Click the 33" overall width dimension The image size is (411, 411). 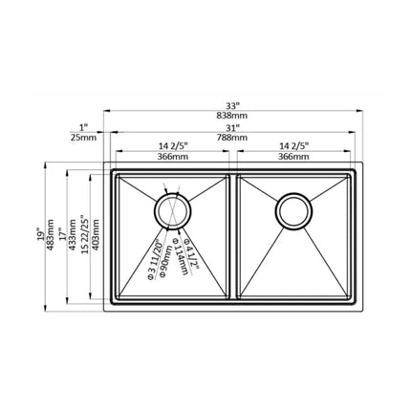pos(232,102)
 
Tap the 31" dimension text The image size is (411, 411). pos(232,128)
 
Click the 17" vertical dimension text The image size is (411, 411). pos(66,235)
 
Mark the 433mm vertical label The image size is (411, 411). pos(76,235)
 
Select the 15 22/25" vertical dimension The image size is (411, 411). pos(88,235)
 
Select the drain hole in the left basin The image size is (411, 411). pos(173,209)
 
